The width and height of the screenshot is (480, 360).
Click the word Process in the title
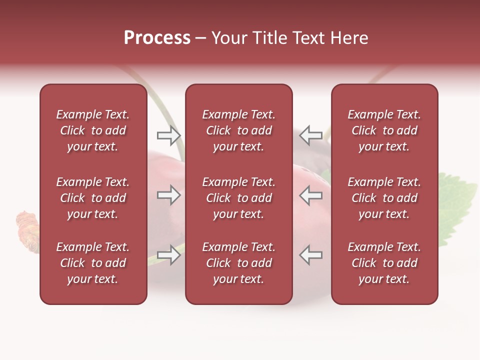click(157, 38)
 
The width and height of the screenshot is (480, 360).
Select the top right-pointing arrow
click(168, 135)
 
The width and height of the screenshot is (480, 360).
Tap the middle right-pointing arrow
click(168, 195)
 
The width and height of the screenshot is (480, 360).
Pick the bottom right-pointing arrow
click(168, 255)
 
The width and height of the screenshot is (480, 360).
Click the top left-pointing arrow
click(311, 135)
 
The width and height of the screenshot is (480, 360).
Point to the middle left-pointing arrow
click(311, 195)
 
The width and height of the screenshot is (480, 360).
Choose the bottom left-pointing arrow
click(311, 255)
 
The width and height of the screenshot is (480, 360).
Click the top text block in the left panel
click(93, 130)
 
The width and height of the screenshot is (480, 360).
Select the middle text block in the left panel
click(93, 198)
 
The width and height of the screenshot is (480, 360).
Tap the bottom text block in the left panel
click(93, 263)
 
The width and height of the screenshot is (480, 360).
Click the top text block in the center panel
click(238, 130)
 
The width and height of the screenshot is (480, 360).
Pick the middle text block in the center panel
click(238, 198)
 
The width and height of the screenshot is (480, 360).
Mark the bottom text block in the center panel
click(238, 263)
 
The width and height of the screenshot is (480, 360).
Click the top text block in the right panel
click(384, 130)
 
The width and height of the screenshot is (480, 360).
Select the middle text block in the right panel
click(384, 198)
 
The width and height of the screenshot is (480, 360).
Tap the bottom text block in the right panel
click(384, 263)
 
